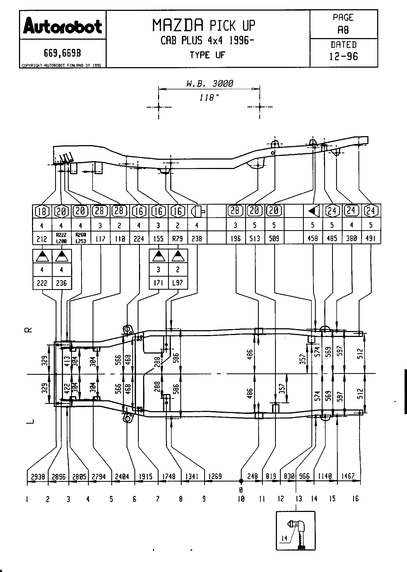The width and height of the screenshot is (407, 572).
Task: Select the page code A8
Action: point(343,30)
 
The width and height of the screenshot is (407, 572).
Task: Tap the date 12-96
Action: point(343,56)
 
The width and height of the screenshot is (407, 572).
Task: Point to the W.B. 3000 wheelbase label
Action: point(209,83)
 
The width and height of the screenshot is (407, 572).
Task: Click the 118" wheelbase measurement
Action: point(209,98)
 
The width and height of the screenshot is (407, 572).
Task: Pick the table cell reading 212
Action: point(42,239)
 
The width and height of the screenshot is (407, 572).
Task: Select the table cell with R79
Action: point(178,239)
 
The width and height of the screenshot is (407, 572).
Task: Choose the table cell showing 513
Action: point(255,239)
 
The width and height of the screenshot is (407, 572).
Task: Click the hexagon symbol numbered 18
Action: point(42,211)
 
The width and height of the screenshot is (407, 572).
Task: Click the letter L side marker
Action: point(30,421)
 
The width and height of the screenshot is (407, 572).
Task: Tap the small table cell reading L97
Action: point(178,283)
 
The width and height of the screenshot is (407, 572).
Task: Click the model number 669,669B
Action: point(62,54)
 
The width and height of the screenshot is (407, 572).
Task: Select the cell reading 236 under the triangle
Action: point(61,283)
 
